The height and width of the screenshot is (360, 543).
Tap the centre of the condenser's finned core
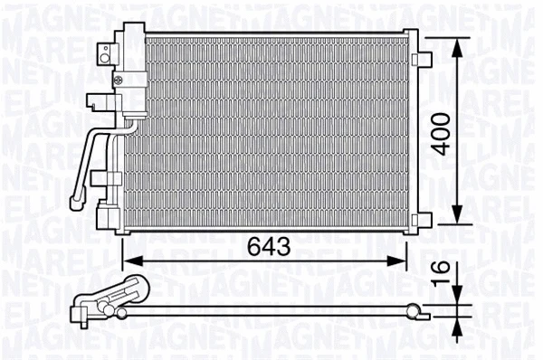(267, 134)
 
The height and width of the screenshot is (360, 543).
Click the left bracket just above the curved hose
(95, 102)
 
